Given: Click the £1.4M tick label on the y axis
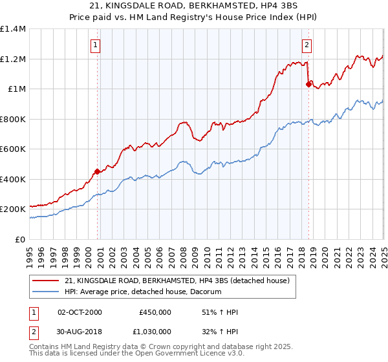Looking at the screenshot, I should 13,29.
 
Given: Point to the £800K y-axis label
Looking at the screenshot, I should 13,119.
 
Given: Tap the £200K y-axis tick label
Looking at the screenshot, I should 13,209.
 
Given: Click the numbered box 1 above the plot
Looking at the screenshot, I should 95,45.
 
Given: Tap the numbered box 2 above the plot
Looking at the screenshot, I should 306,45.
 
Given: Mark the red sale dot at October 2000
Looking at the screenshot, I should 98,171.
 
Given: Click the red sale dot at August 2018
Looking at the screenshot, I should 308,84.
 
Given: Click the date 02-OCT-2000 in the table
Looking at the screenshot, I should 80,312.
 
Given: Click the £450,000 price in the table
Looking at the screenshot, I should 155,312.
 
